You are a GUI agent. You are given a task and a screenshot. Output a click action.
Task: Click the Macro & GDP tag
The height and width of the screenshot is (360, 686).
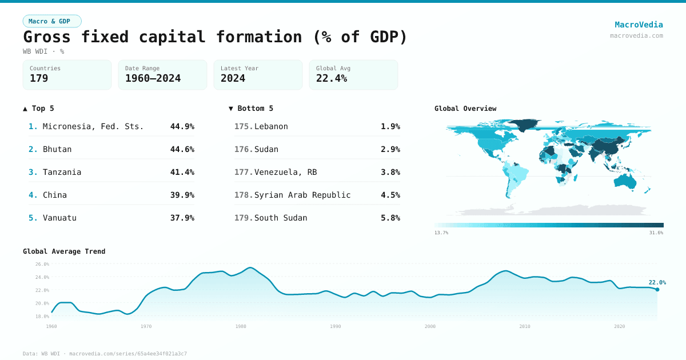[x=52, y=21]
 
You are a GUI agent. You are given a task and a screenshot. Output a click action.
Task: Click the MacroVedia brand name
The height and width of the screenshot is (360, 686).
[x=639, y=25]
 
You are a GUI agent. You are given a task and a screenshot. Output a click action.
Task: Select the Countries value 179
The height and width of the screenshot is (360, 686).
[x=39, y=78]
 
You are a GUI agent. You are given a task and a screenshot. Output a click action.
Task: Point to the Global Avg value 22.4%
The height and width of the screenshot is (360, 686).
[x=332, y=78]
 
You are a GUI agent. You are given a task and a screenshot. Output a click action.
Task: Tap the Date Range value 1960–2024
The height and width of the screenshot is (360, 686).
[x=153, y=78]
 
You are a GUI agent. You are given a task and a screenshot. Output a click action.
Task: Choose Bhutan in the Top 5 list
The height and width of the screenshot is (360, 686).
[x=57, y=149]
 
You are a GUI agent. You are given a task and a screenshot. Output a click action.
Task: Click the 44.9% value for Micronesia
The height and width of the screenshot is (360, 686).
[x=182, y=126]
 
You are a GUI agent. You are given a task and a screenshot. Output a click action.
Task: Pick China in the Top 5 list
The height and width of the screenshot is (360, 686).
[x=55, y=195]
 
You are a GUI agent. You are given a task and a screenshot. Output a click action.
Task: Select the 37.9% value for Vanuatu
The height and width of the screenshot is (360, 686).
[x=182, y=218]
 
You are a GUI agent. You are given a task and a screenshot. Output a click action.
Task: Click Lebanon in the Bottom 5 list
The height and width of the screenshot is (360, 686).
[x=271, y=126]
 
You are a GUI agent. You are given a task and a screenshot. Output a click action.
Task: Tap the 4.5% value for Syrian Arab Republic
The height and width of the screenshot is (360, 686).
[x=390, y=195]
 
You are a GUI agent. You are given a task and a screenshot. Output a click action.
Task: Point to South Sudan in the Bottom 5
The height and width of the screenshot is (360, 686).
[x=281, y=218]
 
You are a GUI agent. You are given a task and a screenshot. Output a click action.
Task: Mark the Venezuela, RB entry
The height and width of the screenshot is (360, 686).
[x=285, y=172]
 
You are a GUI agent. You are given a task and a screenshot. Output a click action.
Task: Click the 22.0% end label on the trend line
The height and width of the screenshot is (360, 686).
[x=657, y=282]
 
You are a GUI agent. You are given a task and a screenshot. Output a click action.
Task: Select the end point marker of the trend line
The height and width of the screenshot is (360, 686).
[x=657, y=290]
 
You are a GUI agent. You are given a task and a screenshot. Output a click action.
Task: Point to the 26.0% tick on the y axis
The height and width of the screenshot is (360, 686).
[x=42, y=264]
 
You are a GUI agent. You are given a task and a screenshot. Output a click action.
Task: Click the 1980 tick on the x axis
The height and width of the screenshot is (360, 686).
[x=241, y=326]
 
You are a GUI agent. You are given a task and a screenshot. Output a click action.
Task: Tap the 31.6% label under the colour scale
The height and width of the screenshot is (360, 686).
[x=656, y=233]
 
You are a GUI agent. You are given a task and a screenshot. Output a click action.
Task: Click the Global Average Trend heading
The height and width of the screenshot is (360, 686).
[x=64, y=251]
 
